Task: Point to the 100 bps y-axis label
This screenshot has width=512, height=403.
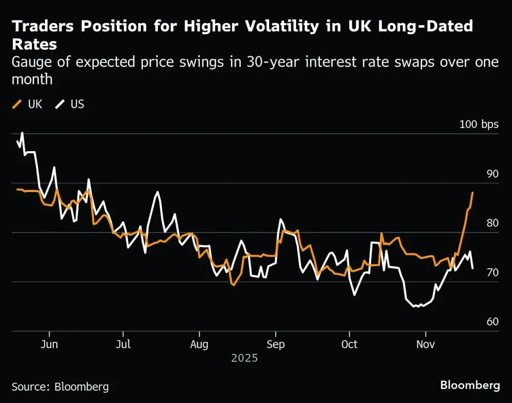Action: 479,124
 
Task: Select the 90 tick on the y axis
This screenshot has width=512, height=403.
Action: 492,174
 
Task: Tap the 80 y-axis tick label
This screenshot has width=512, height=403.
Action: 492,223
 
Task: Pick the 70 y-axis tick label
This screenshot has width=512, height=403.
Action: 492,272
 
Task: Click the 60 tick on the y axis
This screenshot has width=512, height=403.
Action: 492,322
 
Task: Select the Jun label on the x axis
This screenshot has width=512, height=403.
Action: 49,344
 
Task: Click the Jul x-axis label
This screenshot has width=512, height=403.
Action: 123,344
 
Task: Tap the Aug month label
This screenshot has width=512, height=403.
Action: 199,344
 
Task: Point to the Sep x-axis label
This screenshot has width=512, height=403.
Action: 275,344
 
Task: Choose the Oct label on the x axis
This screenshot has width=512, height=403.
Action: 350,344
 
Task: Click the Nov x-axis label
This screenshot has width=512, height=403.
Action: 425,344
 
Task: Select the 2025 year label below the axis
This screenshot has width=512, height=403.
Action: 244,358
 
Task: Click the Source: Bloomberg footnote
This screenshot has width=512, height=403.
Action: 60,387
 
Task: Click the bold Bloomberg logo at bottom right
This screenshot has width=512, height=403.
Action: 470,385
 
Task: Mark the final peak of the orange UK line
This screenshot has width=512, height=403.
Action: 473,192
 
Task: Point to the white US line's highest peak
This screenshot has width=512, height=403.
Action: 22,133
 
